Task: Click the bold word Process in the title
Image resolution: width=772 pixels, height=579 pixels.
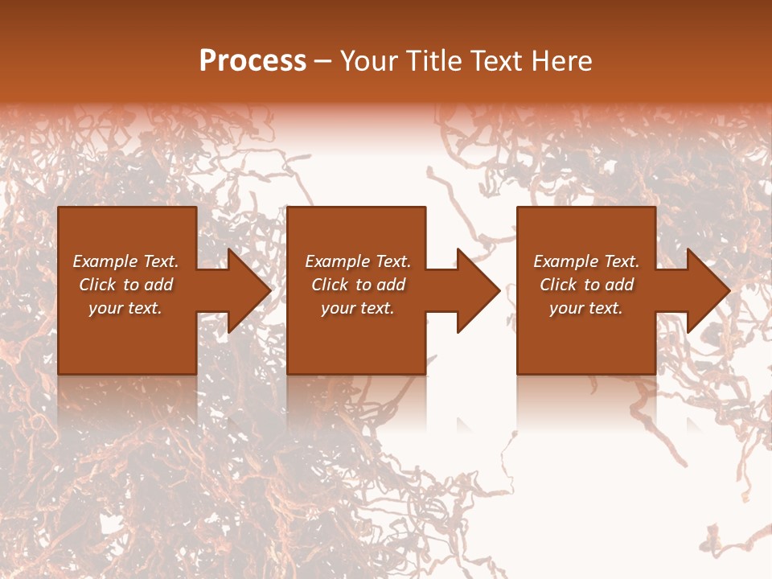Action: [252, 61]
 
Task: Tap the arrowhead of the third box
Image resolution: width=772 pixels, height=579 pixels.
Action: [707, 290]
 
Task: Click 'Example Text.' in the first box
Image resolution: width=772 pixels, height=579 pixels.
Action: [125, 261]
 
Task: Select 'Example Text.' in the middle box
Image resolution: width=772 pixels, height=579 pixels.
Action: [357, 261]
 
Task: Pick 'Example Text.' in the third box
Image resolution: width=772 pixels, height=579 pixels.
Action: [586, 261]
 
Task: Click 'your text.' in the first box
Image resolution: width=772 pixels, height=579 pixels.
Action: [125, 308]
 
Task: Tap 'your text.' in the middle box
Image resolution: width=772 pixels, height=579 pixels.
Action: [357, 308]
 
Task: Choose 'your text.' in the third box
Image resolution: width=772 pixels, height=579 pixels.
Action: [586, 308]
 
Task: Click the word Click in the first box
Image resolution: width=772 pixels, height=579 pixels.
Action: [98, 285]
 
